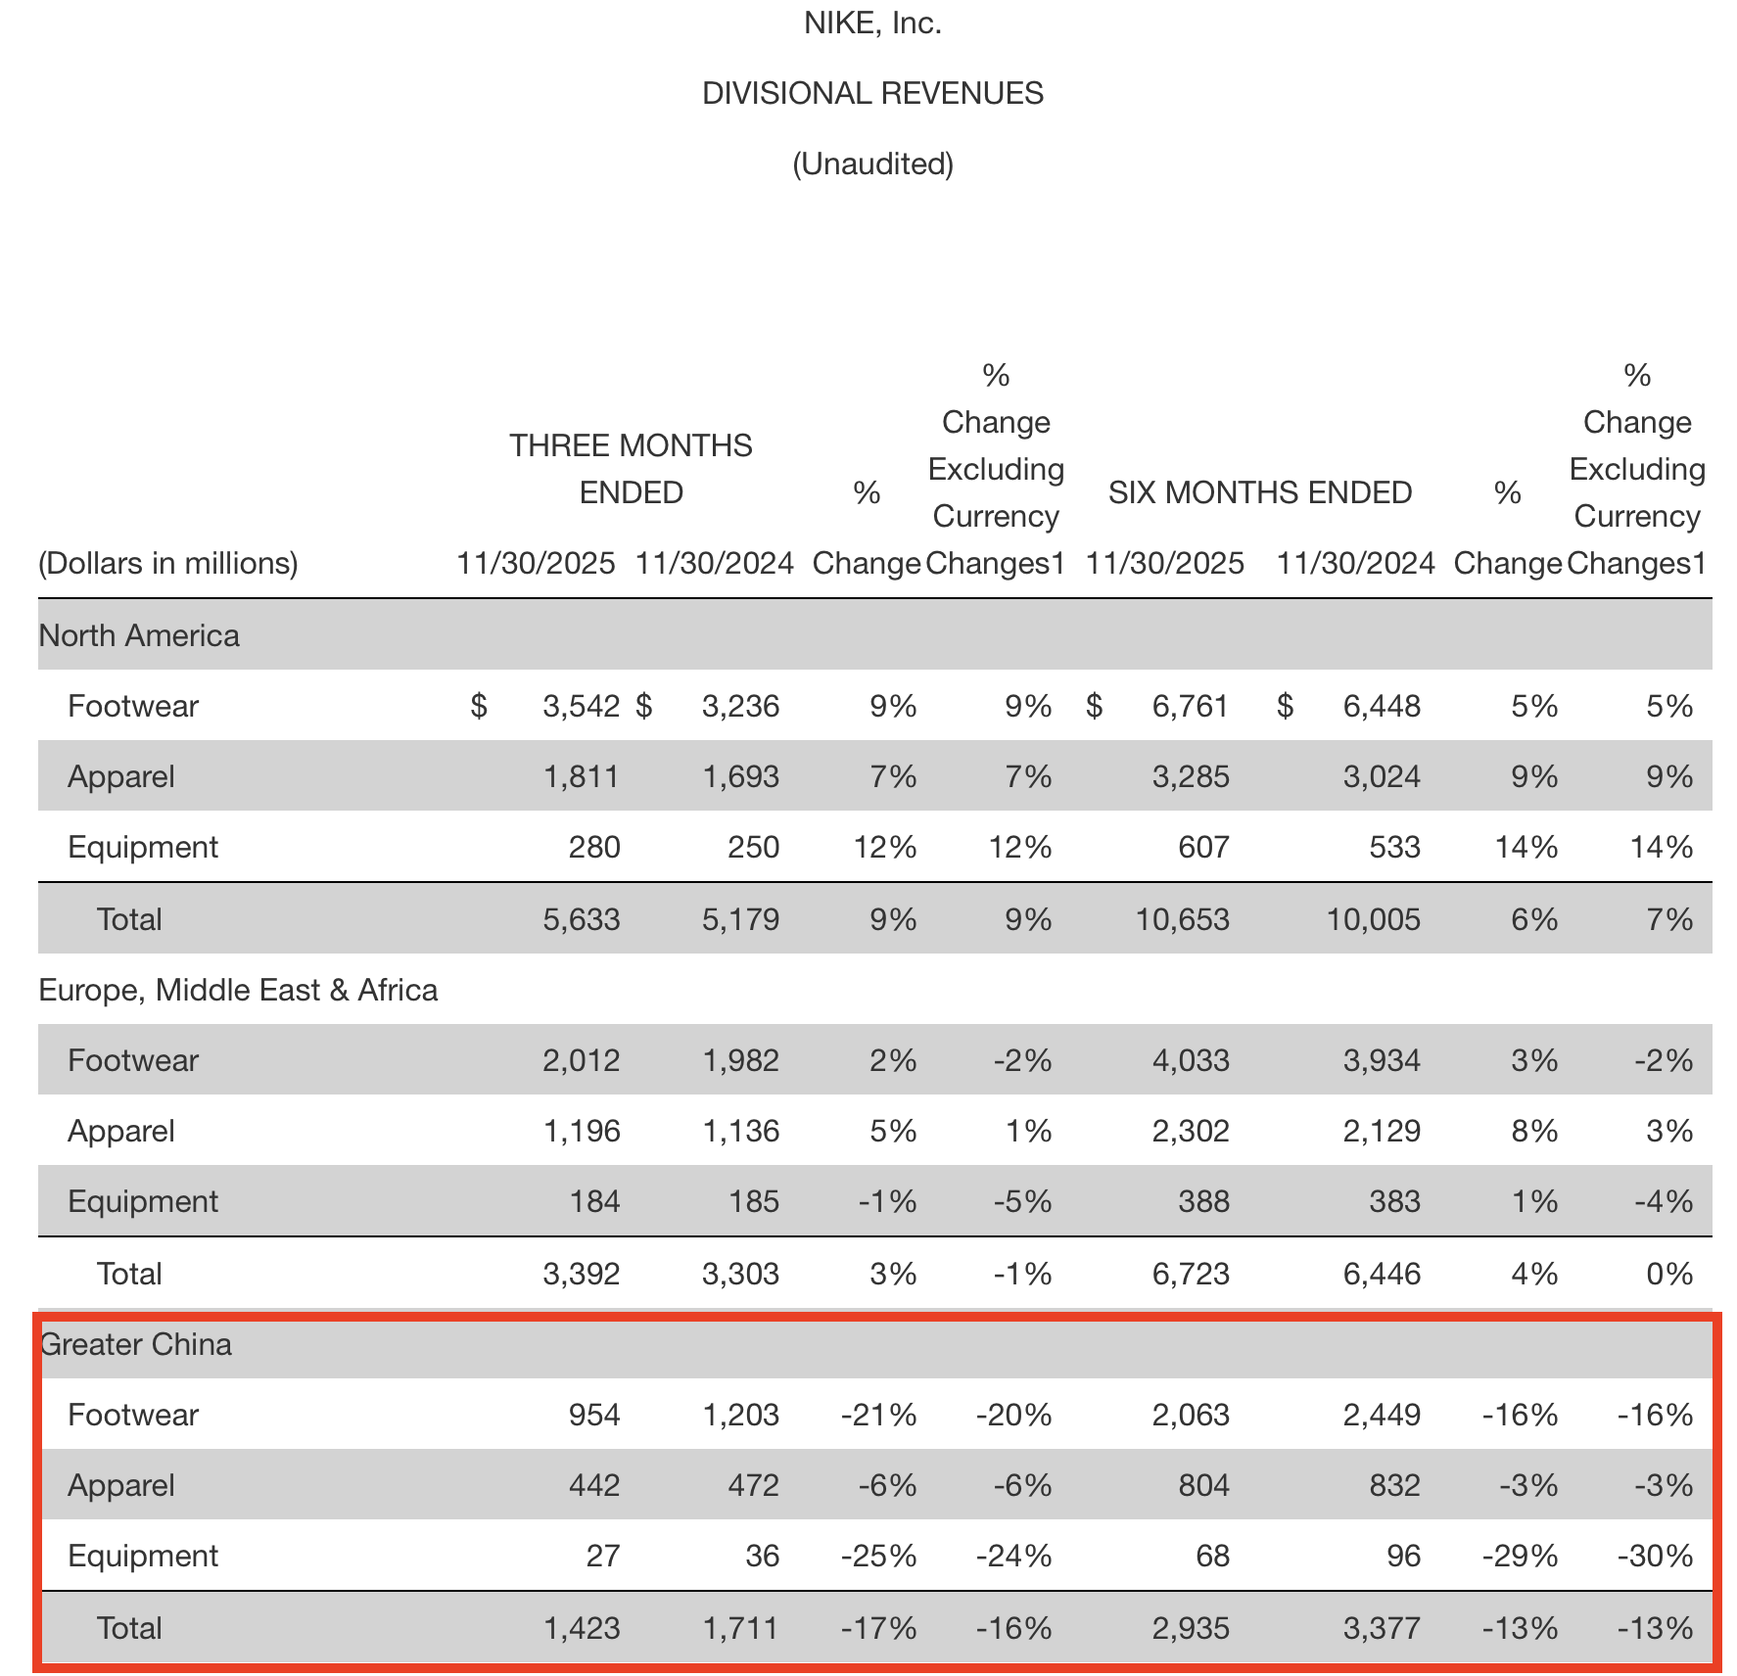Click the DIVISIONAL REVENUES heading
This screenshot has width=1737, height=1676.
click(872, 94)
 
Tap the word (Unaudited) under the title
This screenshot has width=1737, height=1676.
click(872, 163)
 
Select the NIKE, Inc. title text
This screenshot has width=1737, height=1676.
click(872, 23)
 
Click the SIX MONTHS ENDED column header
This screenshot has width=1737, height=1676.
click(1259, 492)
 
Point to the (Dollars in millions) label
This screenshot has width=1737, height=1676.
click(168, 563)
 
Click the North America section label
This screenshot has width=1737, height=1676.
click(139, 635)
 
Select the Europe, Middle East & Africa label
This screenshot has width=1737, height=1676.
click(238, 990)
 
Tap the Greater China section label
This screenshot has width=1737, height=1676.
click(137, 1344)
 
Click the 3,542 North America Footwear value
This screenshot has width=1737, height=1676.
click(581, 706)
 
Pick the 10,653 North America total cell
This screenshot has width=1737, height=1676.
click(1182, 919)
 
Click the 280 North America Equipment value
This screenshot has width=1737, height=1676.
click(594, 847)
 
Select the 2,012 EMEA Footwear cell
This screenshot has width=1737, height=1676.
click(581, 1060)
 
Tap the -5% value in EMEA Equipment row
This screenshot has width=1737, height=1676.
click(1022, 1201)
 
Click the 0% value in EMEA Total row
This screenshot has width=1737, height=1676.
click(1668, 1274)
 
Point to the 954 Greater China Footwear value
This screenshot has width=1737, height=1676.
click(594, 1415)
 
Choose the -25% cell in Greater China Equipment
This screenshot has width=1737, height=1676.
click(878, 1556)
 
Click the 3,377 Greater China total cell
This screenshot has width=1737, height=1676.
click(1382, 1628)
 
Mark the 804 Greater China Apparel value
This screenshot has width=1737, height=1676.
click(1203, 1485)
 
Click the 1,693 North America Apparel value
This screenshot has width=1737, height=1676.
click(740, 776)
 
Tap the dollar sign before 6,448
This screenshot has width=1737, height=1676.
click(1285, 706)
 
